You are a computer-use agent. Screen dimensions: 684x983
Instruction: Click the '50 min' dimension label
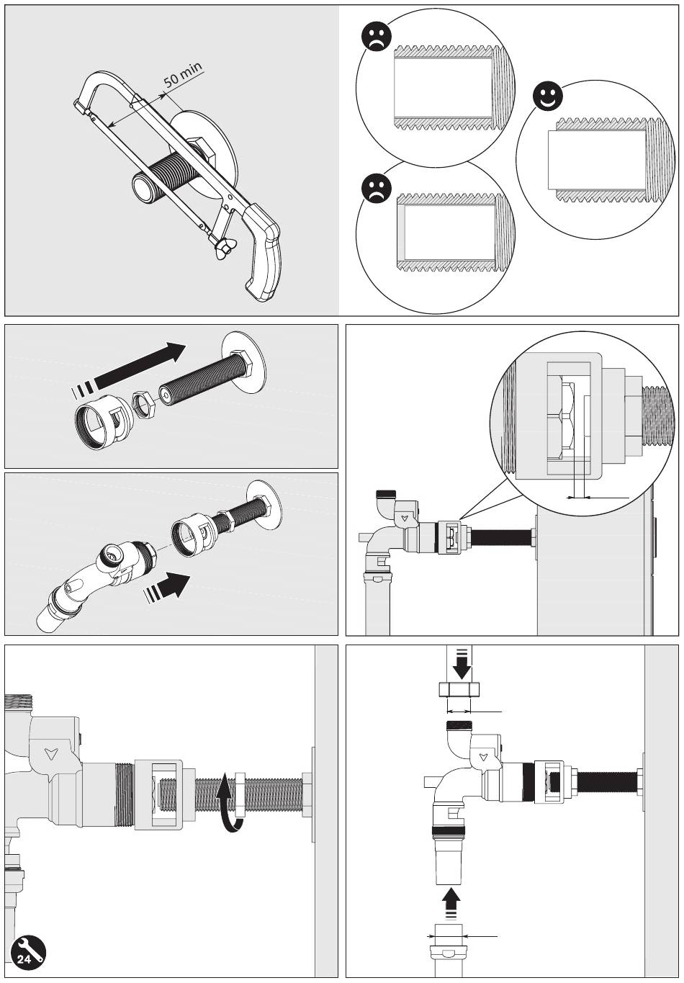183,76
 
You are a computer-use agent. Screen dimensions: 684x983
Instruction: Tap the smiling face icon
548,97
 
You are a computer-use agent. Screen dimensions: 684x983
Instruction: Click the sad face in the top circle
376,37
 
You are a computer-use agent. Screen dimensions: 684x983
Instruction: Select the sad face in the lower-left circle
376,189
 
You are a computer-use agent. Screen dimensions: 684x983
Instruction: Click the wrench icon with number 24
27,955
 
